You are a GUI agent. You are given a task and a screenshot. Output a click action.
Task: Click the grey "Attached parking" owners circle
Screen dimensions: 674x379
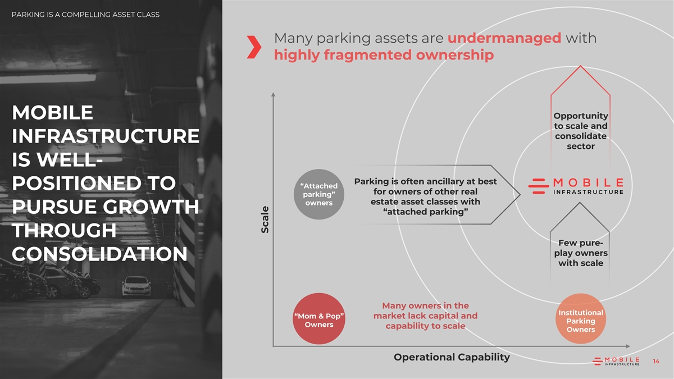(319, 194)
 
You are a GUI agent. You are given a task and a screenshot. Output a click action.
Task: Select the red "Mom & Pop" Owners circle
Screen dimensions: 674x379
(319, 319)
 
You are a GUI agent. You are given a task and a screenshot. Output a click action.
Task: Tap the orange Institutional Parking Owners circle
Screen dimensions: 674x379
(581, 319)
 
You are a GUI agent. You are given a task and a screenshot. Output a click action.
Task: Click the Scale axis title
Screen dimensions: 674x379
(265, 220)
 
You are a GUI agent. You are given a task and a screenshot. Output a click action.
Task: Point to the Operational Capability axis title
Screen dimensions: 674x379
(452, 357)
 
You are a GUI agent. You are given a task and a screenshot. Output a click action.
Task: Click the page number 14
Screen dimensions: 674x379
(656, 361)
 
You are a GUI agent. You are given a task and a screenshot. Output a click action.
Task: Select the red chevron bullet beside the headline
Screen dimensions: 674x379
(254, 47)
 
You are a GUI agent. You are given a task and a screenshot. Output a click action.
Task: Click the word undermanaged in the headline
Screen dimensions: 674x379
(504, 38)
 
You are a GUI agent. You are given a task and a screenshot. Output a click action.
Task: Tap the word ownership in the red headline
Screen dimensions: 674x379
(455, 55)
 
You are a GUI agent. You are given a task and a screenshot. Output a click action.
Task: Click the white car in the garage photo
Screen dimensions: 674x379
(136, 286)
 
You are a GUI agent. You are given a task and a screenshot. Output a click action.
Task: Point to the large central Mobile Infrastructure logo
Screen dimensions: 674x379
(576, 186)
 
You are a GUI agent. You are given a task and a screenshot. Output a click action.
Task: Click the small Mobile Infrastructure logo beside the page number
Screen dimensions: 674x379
(616, 361)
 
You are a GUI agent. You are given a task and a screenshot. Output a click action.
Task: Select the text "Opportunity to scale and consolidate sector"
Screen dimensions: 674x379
(581, 131)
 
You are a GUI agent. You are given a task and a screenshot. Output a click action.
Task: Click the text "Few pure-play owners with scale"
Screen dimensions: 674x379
(581, 253)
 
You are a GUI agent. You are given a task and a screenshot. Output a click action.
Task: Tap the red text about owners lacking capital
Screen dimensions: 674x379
(426, 316)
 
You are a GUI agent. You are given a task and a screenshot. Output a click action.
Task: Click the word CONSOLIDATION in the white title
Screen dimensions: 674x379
(99, 254)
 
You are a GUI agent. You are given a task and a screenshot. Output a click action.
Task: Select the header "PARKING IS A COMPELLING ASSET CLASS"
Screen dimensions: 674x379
(85, 15)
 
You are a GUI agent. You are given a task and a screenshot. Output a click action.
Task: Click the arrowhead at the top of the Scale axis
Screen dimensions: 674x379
(273, 94)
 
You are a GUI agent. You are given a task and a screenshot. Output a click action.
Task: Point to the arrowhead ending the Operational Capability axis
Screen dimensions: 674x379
(628, 346)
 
